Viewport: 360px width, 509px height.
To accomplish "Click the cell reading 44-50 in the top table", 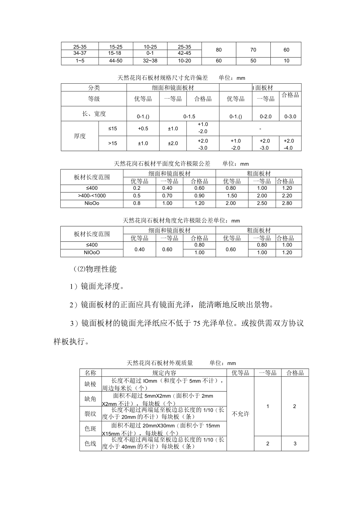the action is coord(115,61).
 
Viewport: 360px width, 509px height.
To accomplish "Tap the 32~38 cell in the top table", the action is coord(150,61).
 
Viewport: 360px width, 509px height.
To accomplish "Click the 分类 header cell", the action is coord(94,88).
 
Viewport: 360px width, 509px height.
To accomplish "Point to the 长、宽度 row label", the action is coord(94,114).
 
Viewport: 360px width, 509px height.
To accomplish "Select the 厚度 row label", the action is coord(80,136).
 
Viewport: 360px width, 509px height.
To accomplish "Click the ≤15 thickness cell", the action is coord(113,128).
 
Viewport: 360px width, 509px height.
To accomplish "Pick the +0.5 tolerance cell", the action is coord(143,128).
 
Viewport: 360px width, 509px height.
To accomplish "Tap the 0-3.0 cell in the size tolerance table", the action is coord(290,116).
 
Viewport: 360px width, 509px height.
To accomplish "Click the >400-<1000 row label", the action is coord(92,196).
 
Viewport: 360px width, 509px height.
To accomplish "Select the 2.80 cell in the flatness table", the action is coord(287,203).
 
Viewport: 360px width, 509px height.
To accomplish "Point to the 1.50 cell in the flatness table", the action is coord(232,196).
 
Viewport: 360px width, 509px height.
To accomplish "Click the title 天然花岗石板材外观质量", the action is coord(160,363).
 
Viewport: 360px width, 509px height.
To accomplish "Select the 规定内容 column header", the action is coord(164,373).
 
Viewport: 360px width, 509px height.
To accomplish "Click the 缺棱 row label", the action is coord(90,384).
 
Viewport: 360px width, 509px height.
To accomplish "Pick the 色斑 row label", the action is coord(90,428).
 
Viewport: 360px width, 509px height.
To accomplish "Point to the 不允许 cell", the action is coord(241,414).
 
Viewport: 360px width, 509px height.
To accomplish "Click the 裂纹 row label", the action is coord(90,414).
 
